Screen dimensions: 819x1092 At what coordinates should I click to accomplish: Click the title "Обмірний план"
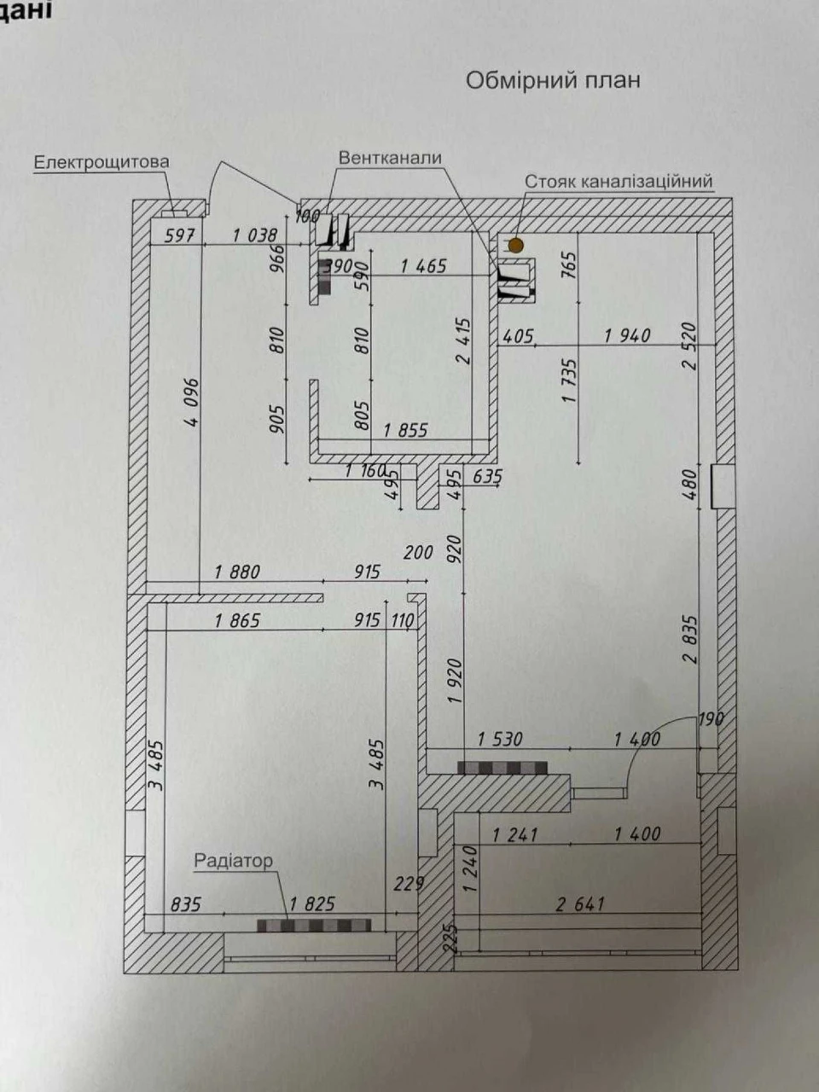553,80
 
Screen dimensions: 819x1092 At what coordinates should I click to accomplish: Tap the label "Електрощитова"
102,162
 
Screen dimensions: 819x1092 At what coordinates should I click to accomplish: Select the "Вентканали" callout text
391,158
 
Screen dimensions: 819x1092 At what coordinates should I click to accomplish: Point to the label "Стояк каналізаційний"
619,182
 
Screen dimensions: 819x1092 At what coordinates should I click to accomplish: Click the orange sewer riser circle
516,245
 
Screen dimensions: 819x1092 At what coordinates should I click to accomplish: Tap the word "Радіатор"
233,860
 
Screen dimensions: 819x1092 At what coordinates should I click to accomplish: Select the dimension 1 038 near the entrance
254,235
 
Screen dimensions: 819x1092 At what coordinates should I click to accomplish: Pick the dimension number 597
179,235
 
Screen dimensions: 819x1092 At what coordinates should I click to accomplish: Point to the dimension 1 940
627,336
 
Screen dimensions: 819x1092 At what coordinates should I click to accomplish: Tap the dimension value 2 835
691,640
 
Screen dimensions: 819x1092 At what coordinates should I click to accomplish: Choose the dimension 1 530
500,740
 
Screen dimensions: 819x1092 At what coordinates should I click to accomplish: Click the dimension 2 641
580,903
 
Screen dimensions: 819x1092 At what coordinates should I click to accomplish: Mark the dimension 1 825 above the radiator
312,903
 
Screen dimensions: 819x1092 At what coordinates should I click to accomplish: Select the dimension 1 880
237,572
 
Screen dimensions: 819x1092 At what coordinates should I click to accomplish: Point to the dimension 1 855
406,430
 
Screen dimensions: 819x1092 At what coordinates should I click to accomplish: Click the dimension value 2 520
690,346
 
